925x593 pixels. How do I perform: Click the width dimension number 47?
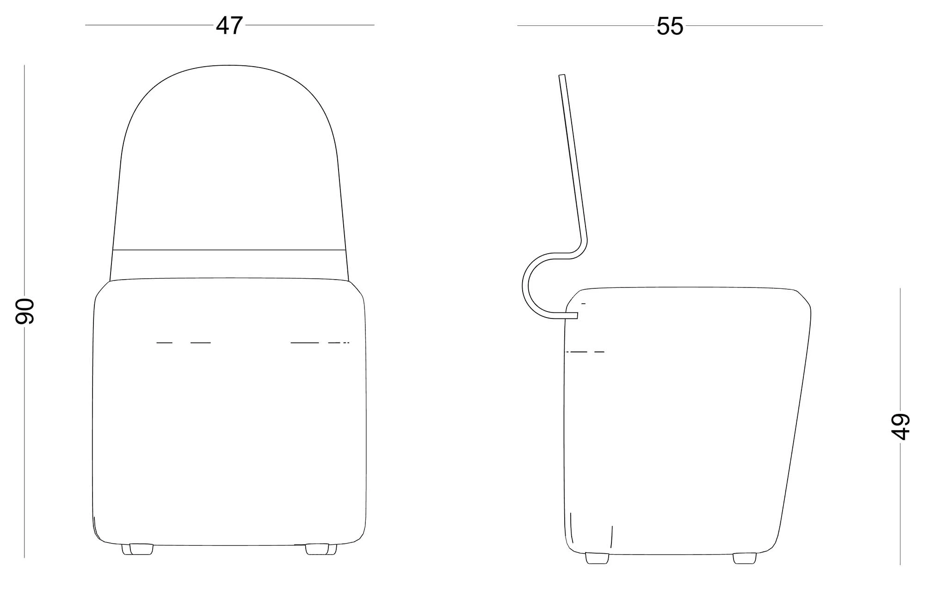click(x=229, y=26)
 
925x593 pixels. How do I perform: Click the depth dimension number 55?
click(x=670, y=26)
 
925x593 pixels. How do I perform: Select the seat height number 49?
click(x=900, y=426)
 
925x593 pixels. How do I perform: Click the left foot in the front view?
click(x=137, y=549)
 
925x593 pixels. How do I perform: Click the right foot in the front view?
click(x=321, y=549)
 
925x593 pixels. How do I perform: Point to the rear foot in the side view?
click(x=597, y=558)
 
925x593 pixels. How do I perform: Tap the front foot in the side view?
click(x=745, y=558)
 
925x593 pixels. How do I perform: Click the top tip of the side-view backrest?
click(x=562, y=75)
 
